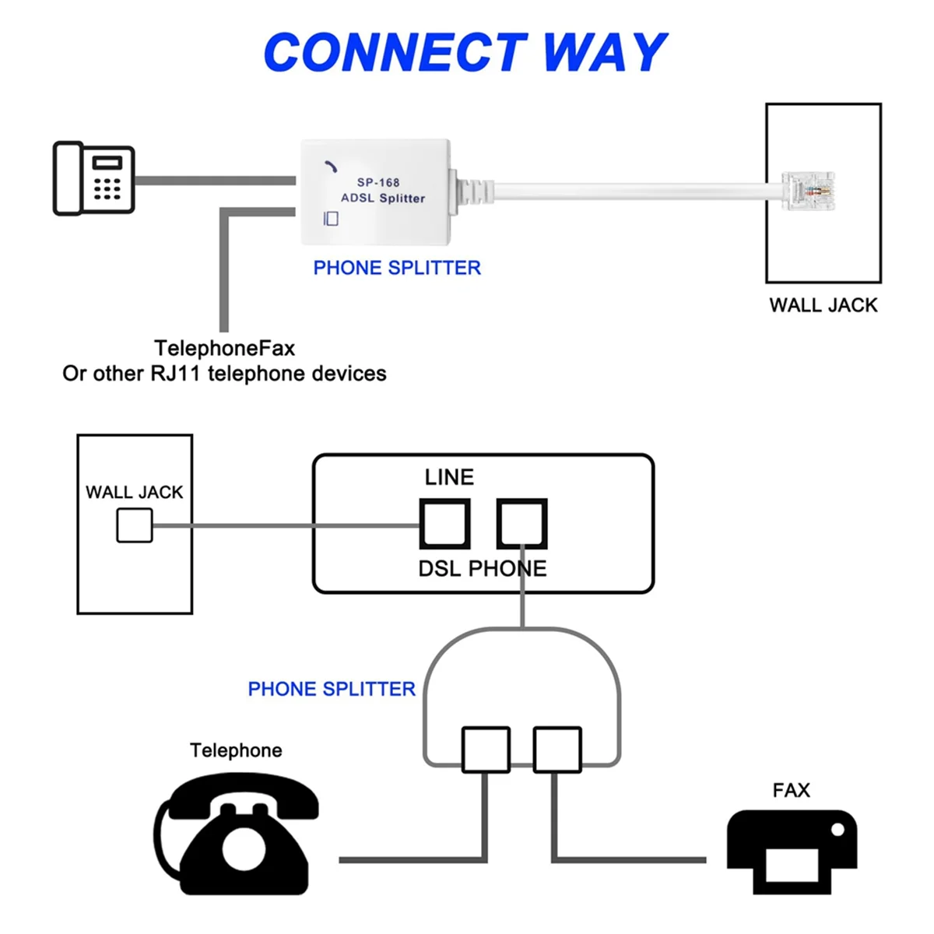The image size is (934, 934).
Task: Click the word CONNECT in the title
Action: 395,52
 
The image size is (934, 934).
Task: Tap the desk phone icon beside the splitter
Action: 94,178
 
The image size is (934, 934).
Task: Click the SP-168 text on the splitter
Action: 378,183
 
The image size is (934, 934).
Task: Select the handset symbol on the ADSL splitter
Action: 331,167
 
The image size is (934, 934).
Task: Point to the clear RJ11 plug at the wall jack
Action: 807,191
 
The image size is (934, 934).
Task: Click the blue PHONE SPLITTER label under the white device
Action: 397,268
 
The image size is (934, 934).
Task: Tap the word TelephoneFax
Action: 224,348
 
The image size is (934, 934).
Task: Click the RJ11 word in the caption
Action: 175,374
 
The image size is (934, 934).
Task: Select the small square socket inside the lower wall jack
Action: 135,525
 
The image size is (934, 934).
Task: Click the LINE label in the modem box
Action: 449,477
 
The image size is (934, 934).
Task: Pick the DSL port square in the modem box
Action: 445,524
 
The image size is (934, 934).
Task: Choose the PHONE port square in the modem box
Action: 522,524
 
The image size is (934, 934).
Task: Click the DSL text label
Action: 440,569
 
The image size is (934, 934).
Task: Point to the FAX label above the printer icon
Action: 791,791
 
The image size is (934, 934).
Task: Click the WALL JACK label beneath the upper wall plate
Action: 823,305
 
